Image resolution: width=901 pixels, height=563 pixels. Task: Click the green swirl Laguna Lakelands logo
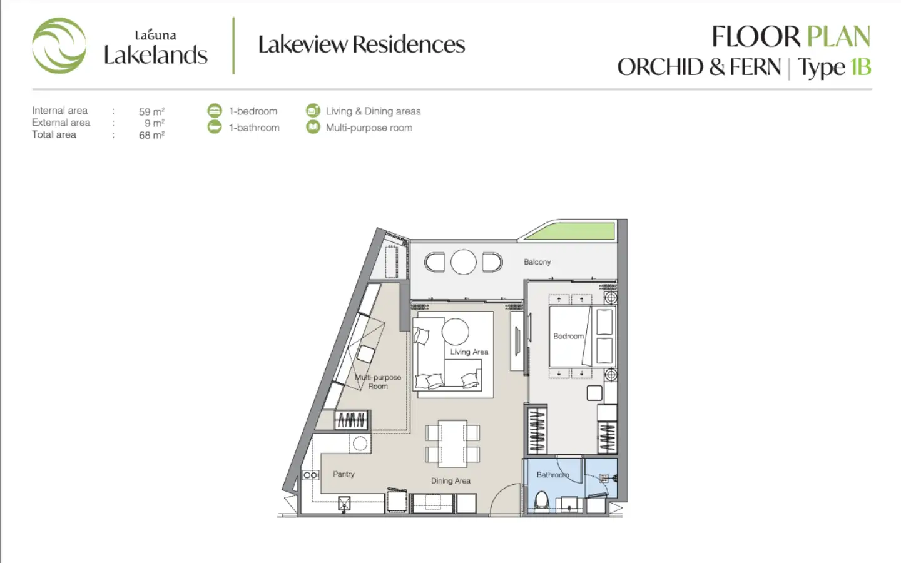[x=59, y=46]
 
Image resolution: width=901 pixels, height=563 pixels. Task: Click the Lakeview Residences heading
[x=361, y=44]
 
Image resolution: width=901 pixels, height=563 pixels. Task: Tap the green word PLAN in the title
[x=838, y=36]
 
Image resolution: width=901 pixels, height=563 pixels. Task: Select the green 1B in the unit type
[x=860, y=67]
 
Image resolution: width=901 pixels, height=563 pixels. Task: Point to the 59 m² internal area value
[x=151, y=111]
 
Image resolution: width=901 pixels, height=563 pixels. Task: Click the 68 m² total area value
[x=151, y=135]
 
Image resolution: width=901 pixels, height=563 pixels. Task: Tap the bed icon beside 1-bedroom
[x=215, y=111]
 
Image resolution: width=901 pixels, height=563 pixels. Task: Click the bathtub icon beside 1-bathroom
[x=215, y=127]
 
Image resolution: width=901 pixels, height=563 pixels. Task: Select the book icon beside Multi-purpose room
[x=313, y=127]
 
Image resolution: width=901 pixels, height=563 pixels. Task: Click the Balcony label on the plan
[x=537, y=261]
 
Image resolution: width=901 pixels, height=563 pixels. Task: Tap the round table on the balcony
[x=464, y=262]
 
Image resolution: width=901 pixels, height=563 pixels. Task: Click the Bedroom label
[x=568, y=336]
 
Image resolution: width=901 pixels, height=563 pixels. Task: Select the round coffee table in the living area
[x=456, y=332]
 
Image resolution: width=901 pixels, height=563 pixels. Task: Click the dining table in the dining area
[x=452, y=444]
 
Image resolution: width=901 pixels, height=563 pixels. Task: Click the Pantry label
[x=344, y=474]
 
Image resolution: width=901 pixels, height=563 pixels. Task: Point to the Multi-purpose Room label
[x=378, y=382]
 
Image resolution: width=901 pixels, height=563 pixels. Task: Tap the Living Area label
[x=469, y=352]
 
